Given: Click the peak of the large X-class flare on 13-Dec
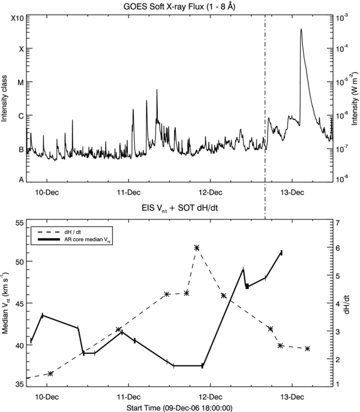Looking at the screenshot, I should pos(301,29).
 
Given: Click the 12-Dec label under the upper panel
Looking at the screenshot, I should pos(210,193).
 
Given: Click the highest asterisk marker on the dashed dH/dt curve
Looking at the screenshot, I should pos(196,248).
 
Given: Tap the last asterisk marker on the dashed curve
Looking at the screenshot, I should pos(307,348).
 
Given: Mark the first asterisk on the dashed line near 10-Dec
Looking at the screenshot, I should pos(50,374).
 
